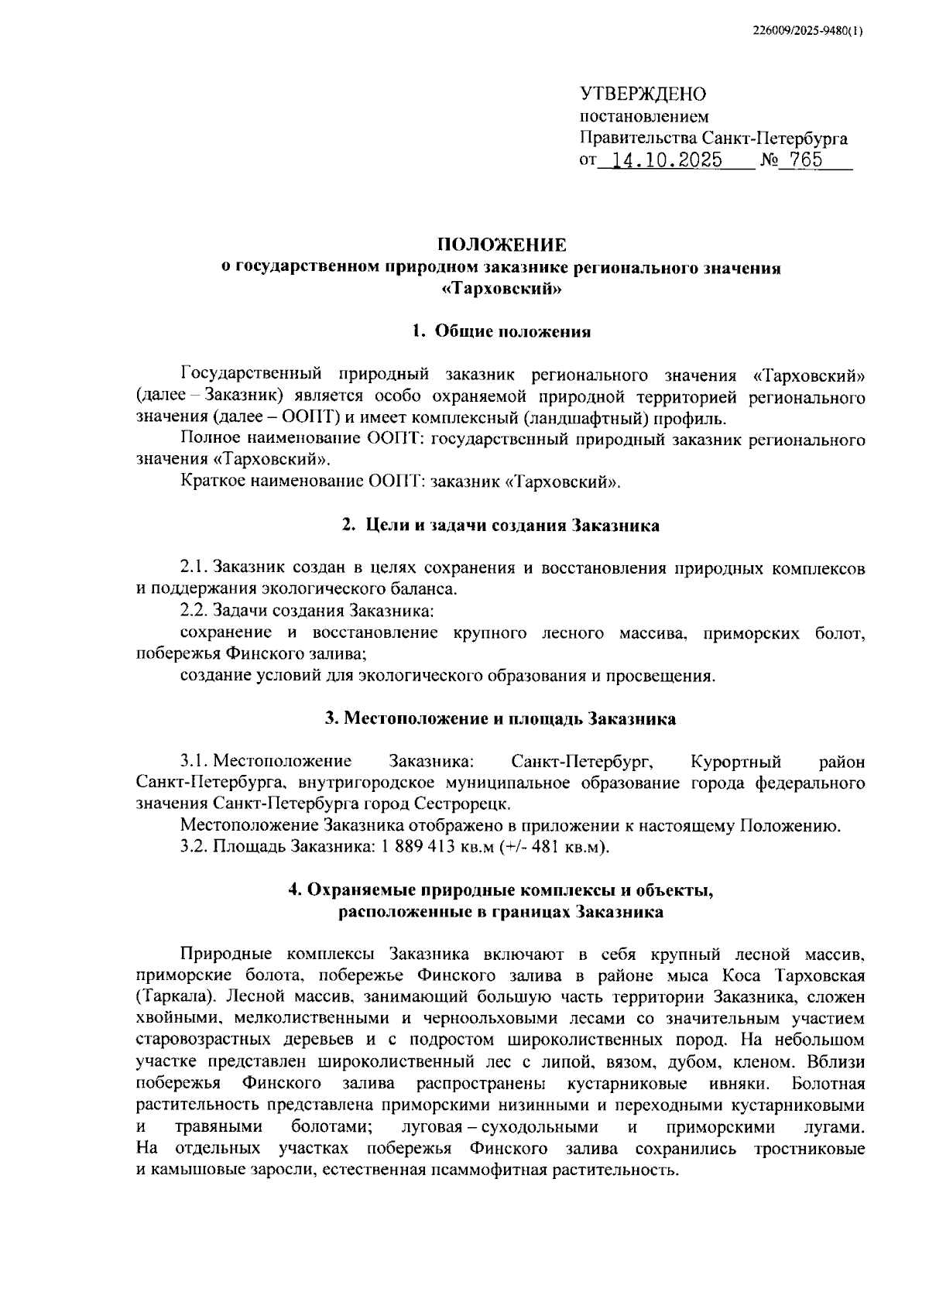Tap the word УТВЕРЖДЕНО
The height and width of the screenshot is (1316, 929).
(643, 94)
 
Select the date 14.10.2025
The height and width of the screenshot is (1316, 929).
(667, 161)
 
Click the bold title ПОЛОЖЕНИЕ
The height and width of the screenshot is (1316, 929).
(502, 246)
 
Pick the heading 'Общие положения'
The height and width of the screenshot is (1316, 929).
(512, 332)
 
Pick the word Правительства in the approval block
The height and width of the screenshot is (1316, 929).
(637, 139)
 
